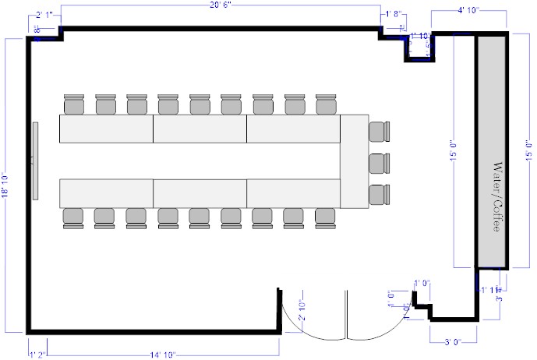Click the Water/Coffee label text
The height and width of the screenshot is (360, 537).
[492, 198]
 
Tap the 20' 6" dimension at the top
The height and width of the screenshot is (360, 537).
[220, 5]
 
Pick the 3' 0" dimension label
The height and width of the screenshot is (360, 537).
[454, 341]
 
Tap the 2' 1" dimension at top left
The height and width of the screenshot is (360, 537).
[44, 14]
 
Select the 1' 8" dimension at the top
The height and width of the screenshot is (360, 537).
[392, 14]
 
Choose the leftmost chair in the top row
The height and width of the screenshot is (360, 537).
[74, 104]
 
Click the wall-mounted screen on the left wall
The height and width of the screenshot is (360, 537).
[35, 160]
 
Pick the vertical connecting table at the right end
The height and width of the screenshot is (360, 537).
[354, 161]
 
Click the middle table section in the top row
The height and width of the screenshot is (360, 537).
[200, 129]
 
